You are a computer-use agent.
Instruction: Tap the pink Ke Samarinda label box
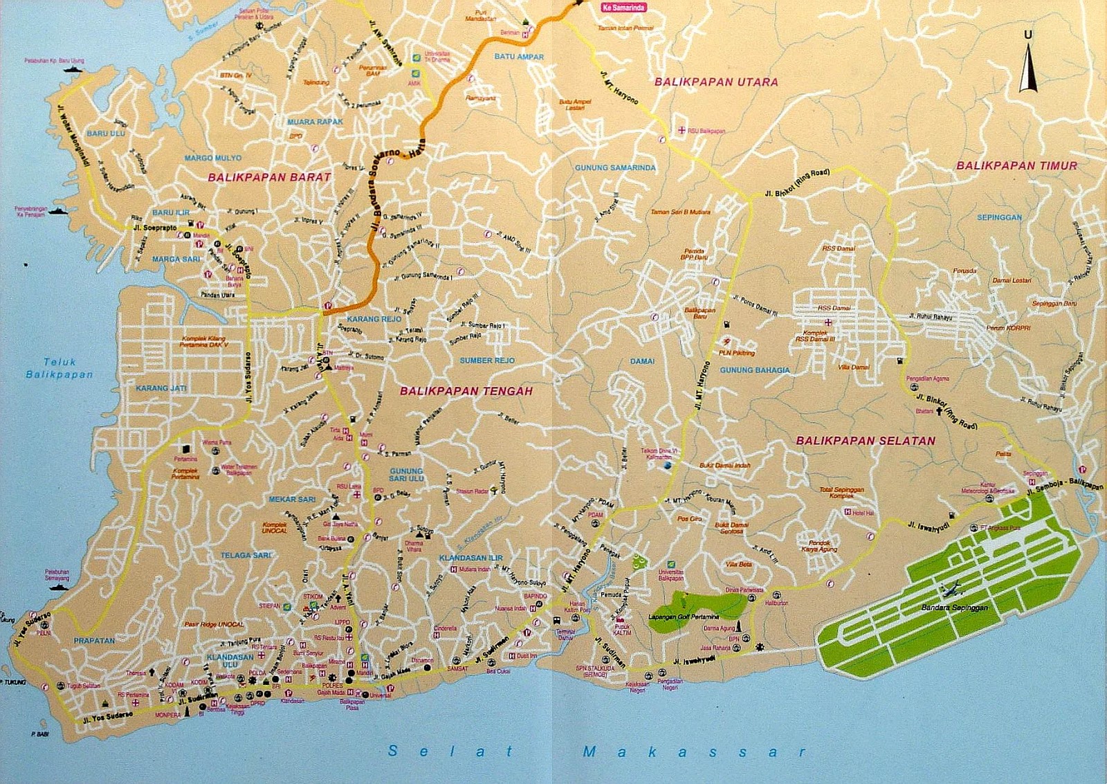click(x=623, y=8)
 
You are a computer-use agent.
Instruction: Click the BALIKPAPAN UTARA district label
click(x=716, y=82)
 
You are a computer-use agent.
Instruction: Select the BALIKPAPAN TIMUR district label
click(x=1016, y=165)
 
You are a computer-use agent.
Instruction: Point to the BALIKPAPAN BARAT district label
click(x=269, y=177)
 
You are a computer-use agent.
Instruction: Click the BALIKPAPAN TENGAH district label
click(x=466, y=391)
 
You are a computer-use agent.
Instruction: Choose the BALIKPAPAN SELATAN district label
click(x=865, y=440)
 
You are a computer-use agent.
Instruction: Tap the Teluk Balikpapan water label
click(x=60, y=368)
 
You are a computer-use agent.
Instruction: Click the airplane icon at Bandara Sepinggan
click(x=952, y=590)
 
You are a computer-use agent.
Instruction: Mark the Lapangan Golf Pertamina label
click(x=684, y=617)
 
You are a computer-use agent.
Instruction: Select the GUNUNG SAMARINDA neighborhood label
click(x=615, y=167)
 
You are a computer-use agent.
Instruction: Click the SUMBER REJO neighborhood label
click(x=487, y=361)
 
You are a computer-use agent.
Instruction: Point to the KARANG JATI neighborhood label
click(x=161, y=388)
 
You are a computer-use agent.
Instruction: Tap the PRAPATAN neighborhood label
click(x=94, y=641)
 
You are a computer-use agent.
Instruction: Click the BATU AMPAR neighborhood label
click(x=519, y=57)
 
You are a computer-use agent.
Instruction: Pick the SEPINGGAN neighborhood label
click(x=999, y=217)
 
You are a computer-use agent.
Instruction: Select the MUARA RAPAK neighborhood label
click(x=315, y=122)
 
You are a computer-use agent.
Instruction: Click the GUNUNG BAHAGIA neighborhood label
click(x=754, y=370)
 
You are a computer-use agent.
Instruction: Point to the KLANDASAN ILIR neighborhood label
click(x=470, y=558)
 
